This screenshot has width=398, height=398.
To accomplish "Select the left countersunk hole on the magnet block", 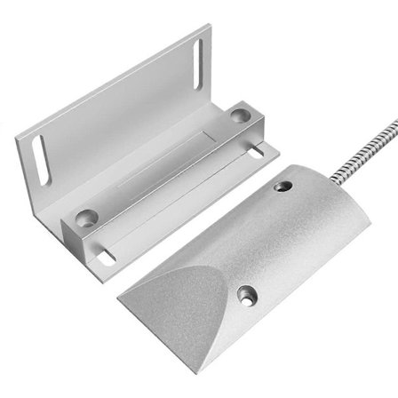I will coord(87,216).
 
